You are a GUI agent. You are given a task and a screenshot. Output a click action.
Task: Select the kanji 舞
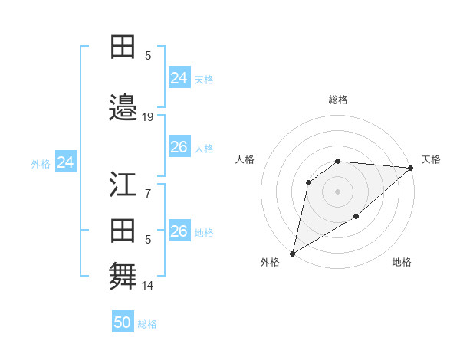click(x=123, y=274)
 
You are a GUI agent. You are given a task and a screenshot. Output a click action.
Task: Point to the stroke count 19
click(x=148, y=116)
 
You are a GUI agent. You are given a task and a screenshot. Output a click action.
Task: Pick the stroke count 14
click(x=148, y=286)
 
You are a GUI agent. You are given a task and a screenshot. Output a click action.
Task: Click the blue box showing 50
click(x=123, y=322)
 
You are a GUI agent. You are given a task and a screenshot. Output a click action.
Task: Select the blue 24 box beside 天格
click(x=179, y=77)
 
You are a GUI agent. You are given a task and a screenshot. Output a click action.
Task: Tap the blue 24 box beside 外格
click(x=66, y=162)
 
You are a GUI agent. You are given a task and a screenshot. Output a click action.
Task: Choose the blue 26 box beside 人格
click(x=179, y=147)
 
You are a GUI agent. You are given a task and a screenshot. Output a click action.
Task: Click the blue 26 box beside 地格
click(x=179, y=231)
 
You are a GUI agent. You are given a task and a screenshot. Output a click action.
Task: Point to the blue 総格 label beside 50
click(x=147, y=323)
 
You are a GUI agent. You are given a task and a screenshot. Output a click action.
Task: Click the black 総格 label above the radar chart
click(x=338, y=100)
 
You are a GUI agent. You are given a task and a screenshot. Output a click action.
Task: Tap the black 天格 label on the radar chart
click(x=431, y=159)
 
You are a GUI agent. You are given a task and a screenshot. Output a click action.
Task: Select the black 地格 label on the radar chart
click(x=402, y=262)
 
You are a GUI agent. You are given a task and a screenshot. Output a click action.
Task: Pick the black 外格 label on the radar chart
click(x=270, y=262)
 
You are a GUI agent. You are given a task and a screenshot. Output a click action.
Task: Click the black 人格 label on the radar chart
click(x=245, y=159)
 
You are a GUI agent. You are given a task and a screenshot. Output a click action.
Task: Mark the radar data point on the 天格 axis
click(x=411, y=168)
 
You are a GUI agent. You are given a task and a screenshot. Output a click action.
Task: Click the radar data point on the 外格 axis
click(x=292, y=253)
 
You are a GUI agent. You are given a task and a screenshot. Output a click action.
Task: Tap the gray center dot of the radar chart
click(x=337, y=191)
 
